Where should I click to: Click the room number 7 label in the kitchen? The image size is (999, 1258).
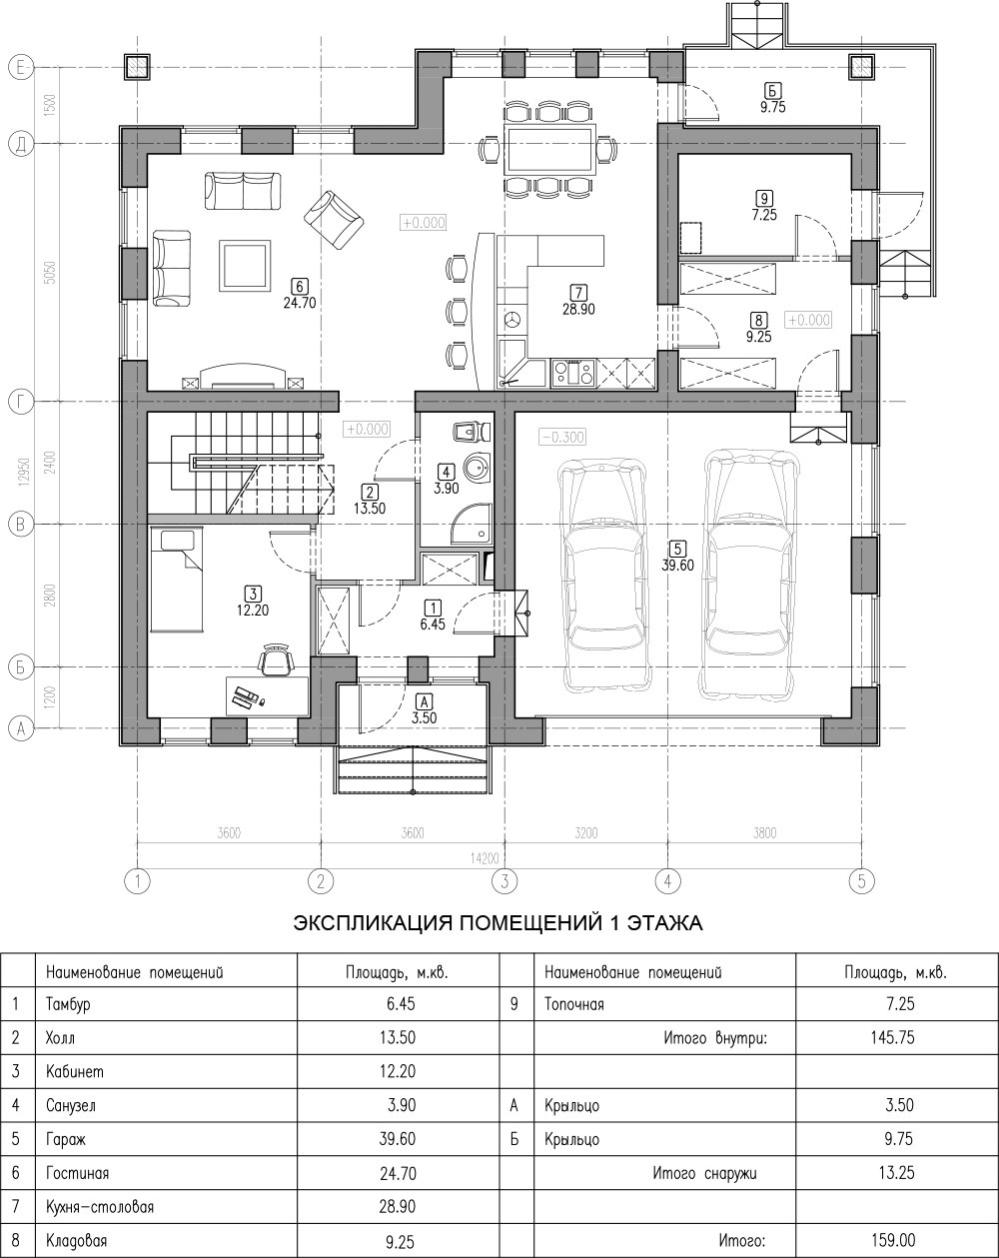pyautogui.click(x=578, y=293)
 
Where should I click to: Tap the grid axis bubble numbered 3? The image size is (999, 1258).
pyautogui.click(x=504, y=881)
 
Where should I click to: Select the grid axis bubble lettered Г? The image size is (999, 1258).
pyautogui.click(x=21, y=403)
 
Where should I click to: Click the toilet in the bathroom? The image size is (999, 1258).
pyautogui.click(x=472, y=432)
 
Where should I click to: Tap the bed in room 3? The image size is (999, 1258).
pyautogui.click(x=177, y=579)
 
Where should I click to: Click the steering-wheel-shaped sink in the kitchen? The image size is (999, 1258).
pyautogui.click(x=513, y=320)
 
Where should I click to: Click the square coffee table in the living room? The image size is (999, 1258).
pyautogui.click(x=245, y=265)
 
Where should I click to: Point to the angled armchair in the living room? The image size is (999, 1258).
pyautogui.click(x=334, y=220)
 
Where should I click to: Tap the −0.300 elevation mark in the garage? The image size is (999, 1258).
pyautogui.click(x=561, y=437)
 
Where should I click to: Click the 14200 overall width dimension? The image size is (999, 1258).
pyautogui.click(x=485, y=857)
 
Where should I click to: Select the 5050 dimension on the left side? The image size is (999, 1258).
pyautogui.click(x=51, y=273)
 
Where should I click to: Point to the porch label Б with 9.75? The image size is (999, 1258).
pyautogui.click(x=772, y=98)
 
